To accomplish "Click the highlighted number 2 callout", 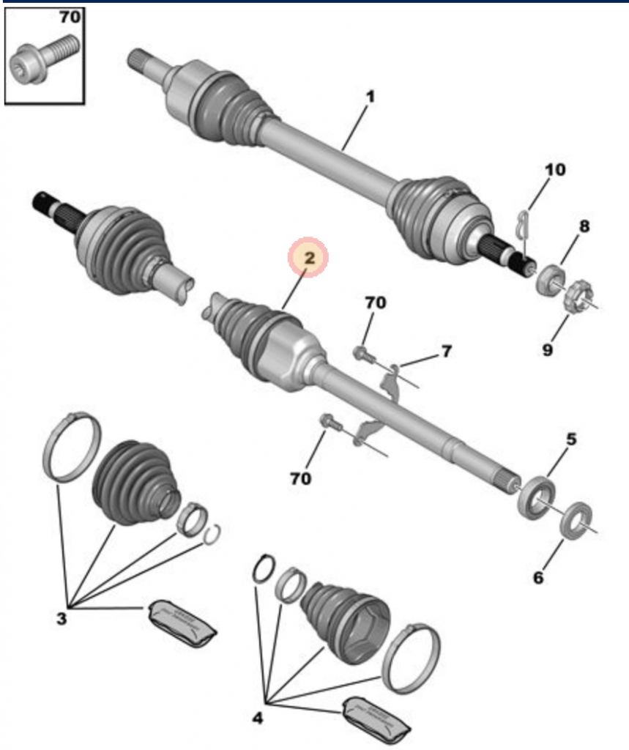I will point(308,258).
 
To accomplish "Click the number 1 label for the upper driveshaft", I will point(371,97).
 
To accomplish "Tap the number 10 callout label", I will point(554,170).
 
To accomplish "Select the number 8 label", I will point(584,227).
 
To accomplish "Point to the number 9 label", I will point(548,350).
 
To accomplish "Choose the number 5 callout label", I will point(570,439).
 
